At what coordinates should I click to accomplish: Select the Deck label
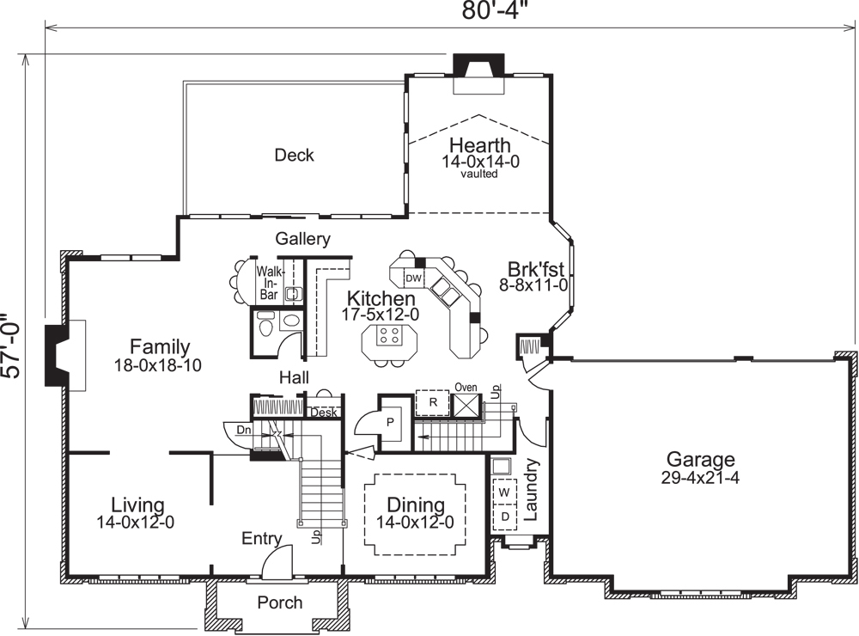[x=294, y=156]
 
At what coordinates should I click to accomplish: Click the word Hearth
[x=479, y=145]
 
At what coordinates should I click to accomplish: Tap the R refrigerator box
[x=434, y=402]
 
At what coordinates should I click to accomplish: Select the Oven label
[x=466, y=388]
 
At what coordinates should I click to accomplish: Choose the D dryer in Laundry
[x=504, y=515]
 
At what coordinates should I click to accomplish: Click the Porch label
[x=280, y=602]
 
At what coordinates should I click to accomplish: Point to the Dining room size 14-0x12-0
[x=415, y=521]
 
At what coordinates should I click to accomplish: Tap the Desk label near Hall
[x=324, y=413]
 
